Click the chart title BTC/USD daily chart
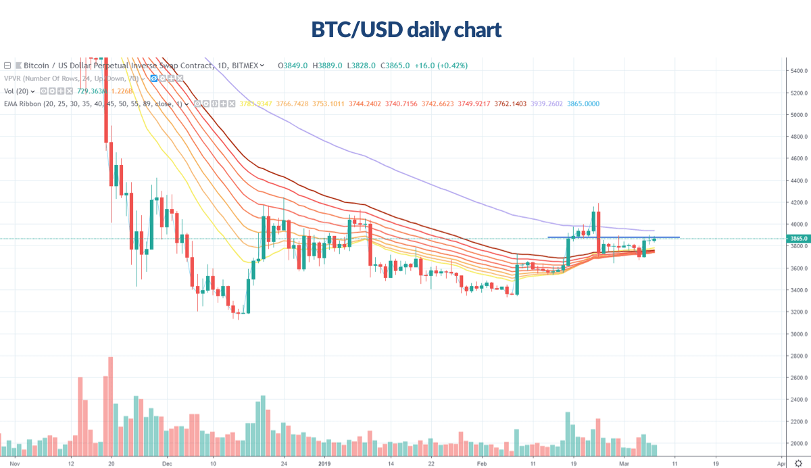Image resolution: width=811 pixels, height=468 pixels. coord(405,30)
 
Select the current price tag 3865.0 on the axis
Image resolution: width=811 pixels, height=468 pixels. coord(799,239)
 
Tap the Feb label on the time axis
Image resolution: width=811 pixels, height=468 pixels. coord(481,465)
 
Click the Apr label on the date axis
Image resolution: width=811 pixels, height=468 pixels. coord(781,465)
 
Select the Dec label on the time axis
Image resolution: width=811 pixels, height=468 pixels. coord(168,465)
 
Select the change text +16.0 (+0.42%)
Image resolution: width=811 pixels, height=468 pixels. coord(443,66)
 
